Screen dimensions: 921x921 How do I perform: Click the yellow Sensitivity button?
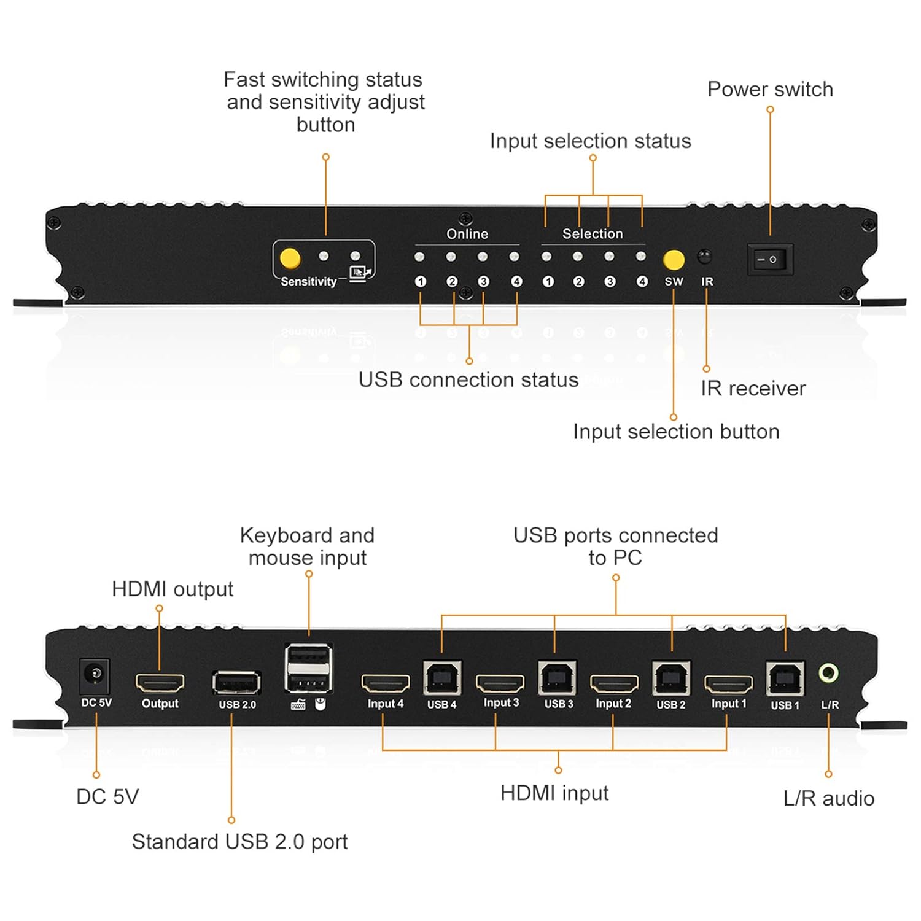pyautogui.click(x=290, y=258)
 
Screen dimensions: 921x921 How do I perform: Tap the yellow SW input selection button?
pyautogui.click(x=674, y=260)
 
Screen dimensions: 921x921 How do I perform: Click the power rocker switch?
pyautogui.click(x=769, y=259)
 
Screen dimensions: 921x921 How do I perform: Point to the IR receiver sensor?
pyautogui.click(x=705, y=255)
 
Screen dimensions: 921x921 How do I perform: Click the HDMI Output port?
pyautogui.click(x=160, y=683)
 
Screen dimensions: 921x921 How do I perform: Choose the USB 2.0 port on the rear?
pyautogui.click(x=236, y=683)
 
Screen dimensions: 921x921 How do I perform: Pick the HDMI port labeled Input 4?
pyautogui.click(x=385, y=683)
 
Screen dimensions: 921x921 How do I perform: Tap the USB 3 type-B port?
pyautogui.click(x=557, y=678)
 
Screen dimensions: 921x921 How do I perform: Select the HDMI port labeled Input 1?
pyautogui.click(x=728, y=683)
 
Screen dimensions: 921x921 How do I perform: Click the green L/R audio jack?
pyautogui.click(x=829, y=673)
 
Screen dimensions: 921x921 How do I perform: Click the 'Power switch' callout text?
pyautogui.click(x=770, y=90)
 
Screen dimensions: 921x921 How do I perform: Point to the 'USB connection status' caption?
pyautogui.click(x=468, y=380)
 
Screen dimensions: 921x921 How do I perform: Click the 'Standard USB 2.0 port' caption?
pyautogui.click(x=239, y=841)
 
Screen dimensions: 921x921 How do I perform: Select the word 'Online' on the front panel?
pyautogui.click(x=467, y=234)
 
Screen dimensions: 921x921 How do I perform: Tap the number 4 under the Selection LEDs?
pyautogui.click(x=642, y=281)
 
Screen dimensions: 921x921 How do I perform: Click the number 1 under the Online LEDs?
pyautogui.click(x=421, y=281)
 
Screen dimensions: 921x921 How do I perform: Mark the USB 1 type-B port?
pyautogui.click(x=785, y=678)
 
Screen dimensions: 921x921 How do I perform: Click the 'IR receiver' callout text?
pyautogui.click(x=753, y=389)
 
